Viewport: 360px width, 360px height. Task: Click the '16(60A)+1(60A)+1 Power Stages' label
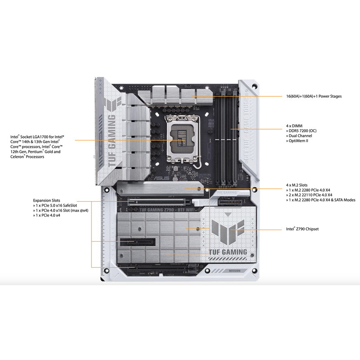click(314, 96)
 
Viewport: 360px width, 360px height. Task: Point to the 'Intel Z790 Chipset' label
click(302, 229)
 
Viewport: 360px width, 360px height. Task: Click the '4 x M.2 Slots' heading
click(297, 185)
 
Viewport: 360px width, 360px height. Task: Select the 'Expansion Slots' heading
click(47, 200)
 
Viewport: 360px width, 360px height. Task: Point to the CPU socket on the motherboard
click(183, 139)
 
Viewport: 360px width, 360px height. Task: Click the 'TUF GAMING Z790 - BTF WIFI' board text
click(166, 210)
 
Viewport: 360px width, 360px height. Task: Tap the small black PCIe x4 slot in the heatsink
click(138, 242)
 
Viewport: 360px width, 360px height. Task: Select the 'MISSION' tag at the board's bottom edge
click(234, 271)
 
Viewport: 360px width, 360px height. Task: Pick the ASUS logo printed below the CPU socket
click(162, 178)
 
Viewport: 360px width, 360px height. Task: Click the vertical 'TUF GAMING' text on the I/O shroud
click(112, 140)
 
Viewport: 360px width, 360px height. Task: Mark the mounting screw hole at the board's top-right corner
click(254, 86)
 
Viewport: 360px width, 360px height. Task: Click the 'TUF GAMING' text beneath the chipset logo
click(228, 252)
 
